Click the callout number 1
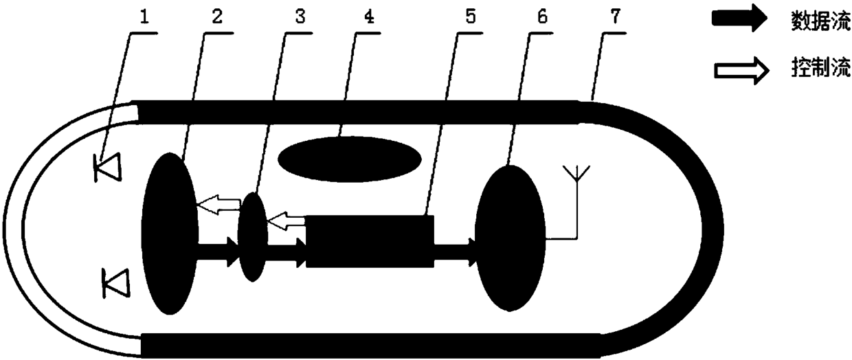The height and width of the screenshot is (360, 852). tap(144, 17)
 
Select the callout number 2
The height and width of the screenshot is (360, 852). tap(216, 17)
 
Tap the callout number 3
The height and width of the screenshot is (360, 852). tap(300, 17)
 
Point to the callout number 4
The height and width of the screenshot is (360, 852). tap(369, 17)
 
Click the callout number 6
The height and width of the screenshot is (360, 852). tap(542, 17)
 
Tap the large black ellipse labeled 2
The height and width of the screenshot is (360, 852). tap(170, 234)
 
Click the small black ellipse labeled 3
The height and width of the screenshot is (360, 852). tap(251, 236)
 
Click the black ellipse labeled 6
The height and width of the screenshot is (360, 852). tap(510, 238)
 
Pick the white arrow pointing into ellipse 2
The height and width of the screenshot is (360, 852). tap(218, 203)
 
